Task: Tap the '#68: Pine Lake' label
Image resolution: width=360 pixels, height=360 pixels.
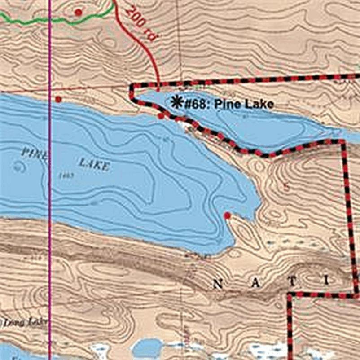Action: pyautogui.click(x=228, y=104)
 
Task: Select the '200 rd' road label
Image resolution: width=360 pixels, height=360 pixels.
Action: pyautogui.click(x=140, y=25)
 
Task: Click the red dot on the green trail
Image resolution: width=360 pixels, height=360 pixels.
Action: pyautogui.click(x=78, y=12)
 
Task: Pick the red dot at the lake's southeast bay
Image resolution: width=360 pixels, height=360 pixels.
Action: pyautogui.click(x=227, y=215)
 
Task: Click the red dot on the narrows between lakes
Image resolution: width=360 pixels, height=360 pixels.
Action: pyautogui.click(x=161, y=116)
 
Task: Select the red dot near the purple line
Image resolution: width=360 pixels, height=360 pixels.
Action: pyautogui.click(x=58, y=99)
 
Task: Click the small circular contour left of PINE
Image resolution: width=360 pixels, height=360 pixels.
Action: pyautogui.click(x=18, y=167)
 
